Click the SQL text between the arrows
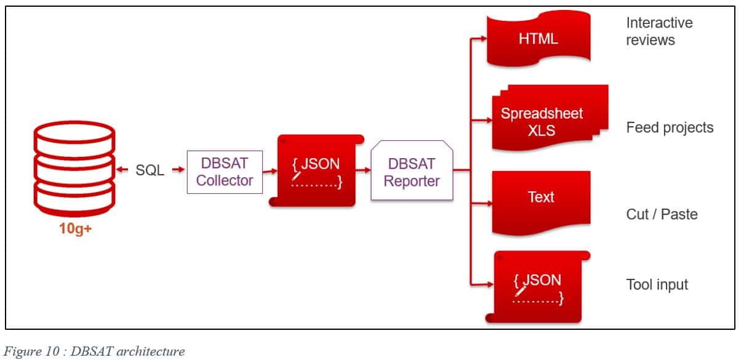(150, 170)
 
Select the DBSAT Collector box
(225, 172)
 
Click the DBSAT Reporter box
(412, 172)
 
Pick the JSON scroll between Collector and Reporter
(315, 170)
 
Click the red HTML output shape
(538, 39)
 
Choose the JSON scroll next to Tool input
(537, 286)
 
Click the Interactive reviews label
(659, 31)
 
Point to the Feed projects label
(670, 127)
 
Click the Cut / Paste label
(662, 214)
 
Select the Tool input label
(657, 284)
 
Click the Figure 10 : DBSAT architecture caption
(95, 351)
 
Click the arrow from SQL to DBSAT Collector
(178, 170)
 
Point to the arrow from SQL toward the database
(122, 170)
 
